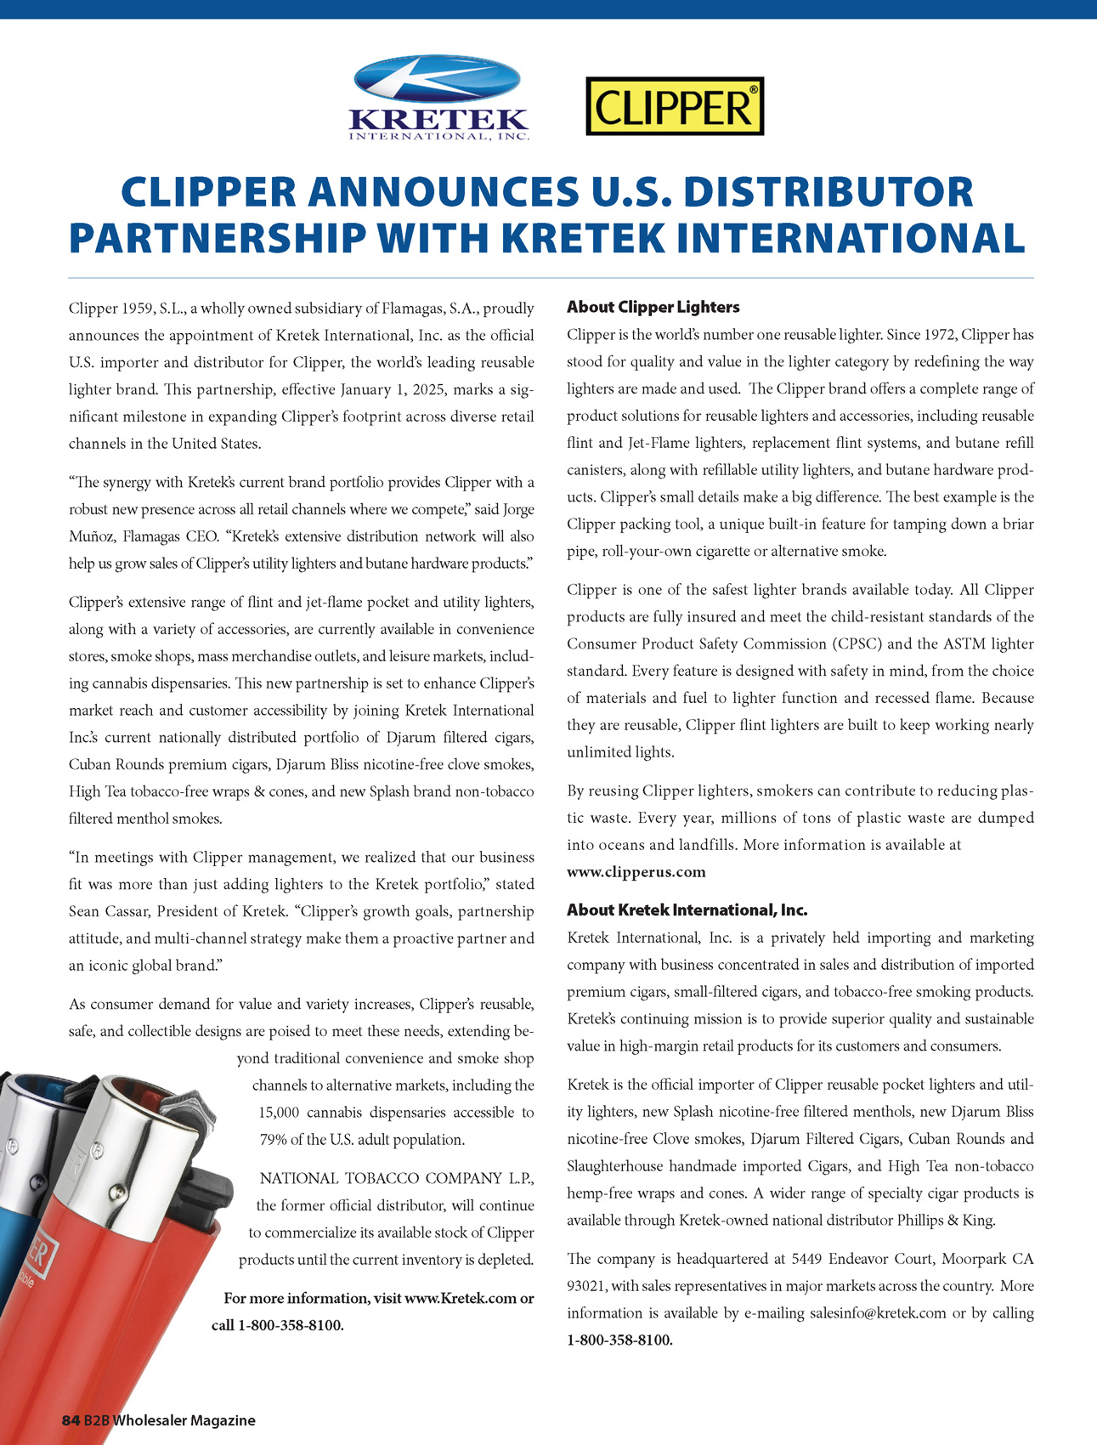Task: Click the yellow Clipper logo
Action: pos(675,107)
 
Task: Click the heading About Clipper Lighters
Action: pos(653,307)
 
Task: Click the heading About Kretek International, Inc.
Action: pos(687,910)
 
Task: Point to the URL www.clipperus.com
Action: pos(636,872)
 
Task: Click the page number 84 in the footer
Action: pos(71,1420)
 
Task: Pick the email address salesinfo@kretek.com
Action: pos(878,1313)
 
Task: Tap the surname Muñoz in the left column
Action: pos(92,537)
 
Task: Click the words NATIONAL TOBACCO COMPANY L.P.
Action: pos(397,1179)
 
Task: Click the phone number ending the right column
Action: pos(619,1340)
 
